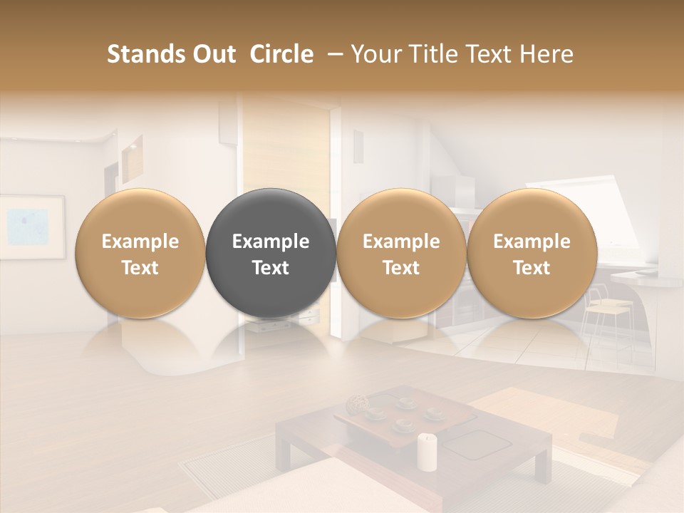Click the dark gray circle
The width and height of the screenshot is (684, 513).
click(x=271, y=253)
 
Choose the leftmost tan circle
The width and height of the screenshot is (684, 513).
click(x=140, y=253)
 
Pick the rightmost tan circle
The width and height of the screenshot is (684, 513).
click(x=532, y=253)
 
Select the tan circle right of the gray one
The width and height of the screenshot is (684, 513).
click(x=401, y=253)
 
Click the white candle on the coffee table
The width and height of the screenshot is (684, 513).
click(x=427, y=452)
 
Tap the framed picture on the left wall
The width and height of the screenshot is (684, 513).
click(x=32, y=227)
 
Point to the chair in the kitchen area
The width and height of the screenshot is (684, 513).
click(x=602, y=317)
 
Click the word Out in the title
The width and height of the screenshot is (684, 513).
click(x=214, y=54)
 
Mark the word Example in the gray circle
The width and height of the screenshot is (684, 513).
click(x=271, y=242)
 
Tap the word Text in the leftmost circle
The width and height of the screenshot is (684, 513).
click(x=140, y=268)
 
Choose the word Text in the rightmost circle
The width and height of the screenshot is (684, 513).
click(x=532, y=268)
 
